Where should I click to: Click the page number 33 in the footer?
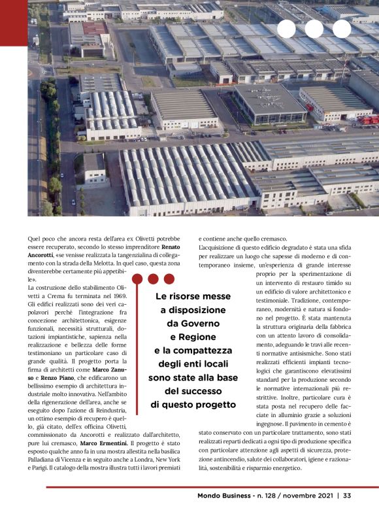point(347,495)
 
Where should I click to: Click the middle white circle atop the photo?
point(314,29)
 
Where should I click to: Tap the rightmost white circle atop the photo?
point(341,29)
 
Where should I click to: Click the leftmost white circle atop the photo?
point(286,29)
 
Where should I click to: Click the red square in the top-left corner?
point(13,23)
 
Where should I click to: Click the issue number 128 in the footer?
point(267,495)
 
